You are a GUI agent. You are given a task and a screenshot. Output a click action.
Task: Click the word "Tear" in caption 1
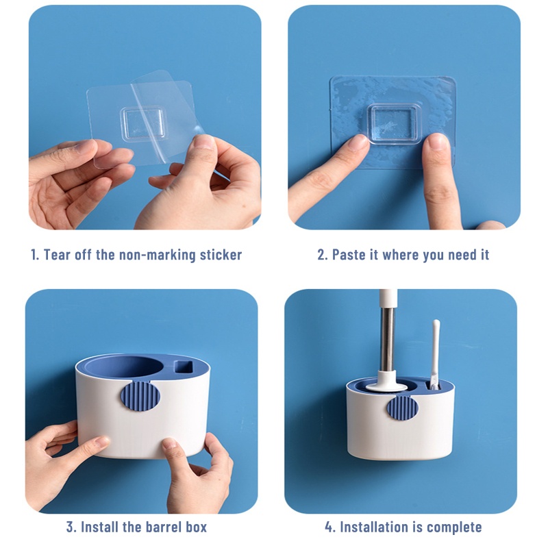tap(58, 255)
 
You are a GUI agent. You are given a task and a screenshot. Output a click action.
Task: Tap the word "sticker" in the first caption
tap(218, 255)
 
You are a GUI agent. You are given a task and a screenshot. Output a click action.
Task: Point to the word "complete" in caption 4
tap(454, 527)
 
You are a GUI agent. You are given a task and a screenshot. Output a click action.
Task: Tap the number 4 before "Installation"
tap(329, 527)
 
